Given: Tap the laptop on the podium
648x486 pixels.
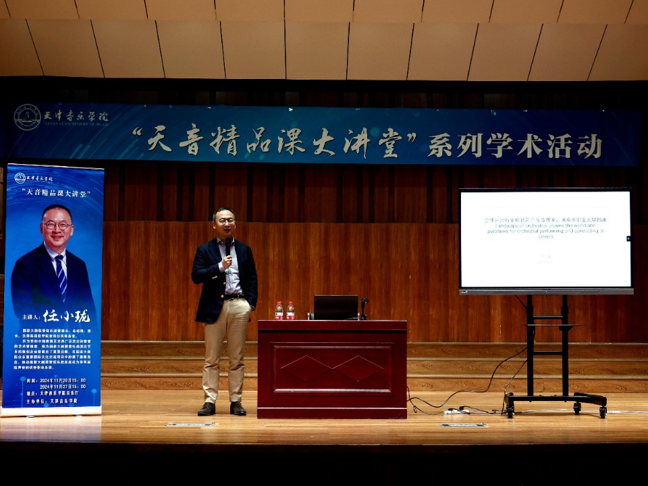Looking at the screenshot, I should coord(335,307).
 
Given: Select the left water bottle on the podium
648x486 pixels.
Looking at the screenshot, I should coord(279,310).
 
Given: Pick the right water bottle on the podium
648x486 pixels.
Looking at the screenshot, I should coord(290,310).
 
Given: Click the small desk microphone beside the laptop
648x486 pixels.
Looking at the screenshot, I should coord(364,308).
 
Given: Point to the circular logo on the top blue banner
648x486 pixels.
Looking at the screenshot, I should coord(27,117).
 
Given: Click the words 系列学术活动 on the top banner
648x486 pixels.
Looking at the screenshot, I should coord(514,145).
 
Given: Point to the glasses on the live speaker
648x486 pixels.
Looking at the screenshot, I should coord(225,221).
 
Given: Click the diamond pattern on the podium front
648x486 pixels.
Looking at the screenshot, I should coord(331,369).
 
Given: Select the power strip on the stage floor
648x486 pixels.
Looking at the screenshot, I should coord(456,410).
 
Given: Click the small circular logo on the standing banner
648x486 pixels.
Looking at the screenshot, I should coord(20,178).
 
